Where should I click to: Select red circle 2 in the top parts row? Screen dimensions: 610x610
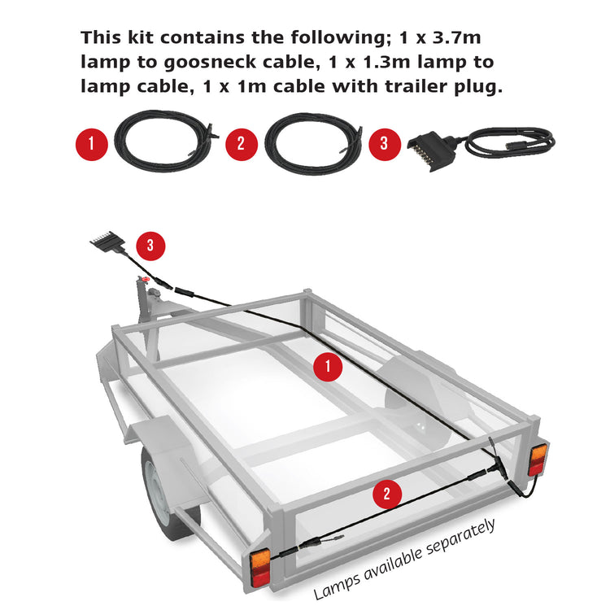click(240, 144)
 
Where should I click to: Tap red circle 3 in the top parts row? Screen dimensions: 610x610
click(384, 144)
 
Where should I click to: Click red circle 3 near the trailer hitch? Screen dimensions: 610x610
click(150, 244)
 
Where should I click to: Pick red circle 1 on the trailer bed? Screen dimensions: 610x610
click(327, 367)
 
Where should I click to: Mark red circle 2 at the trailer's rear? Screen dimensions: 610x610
click(386, 493)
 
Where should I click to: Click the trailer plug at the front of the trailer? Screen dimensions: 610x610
click(105, 242)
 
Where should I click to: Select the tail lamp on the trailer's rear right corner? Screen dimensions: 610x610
click(539, 460)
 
